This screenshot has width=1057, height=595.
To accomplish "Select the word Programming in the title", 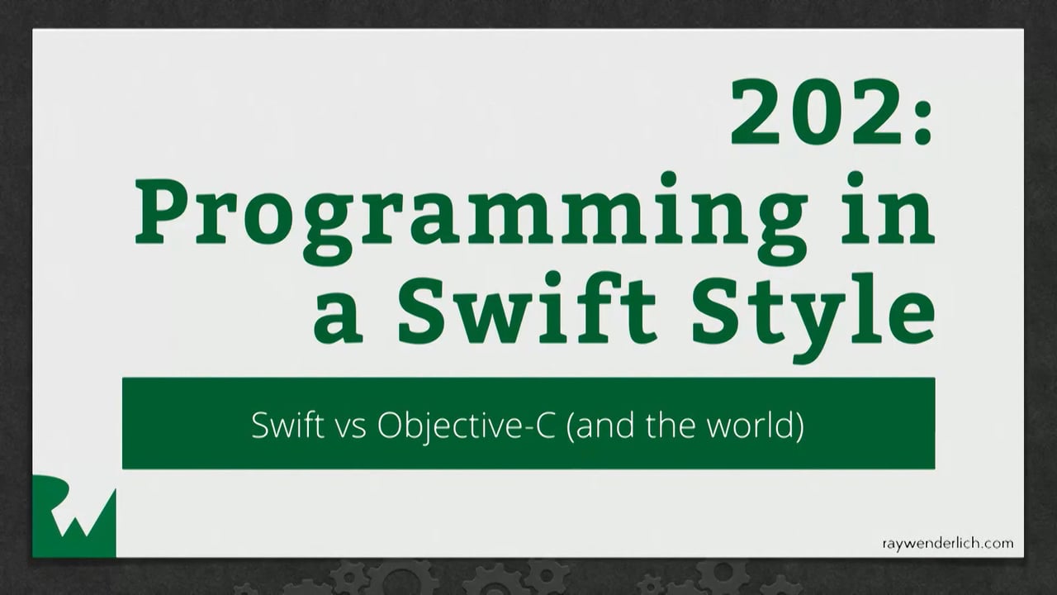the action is click(x=471, y=221).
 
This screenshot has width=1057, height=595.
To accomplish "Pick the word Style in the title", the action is click(x=813, y=317).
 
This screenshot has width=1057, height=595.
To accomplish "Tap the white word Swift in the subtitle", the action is click(x=287, y=425).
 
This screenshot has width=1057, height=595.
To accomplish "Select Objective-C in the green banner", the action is click(x=467, y=426).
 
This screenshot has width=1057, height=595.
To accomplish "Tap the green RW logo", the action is click(x=74, y=516).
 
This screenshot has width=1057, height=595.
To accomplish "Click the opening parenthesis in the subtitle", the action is click(x=570, y=426).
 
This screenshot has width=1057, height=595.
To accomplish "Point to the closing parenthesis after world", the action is click(x=799, y=426).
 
